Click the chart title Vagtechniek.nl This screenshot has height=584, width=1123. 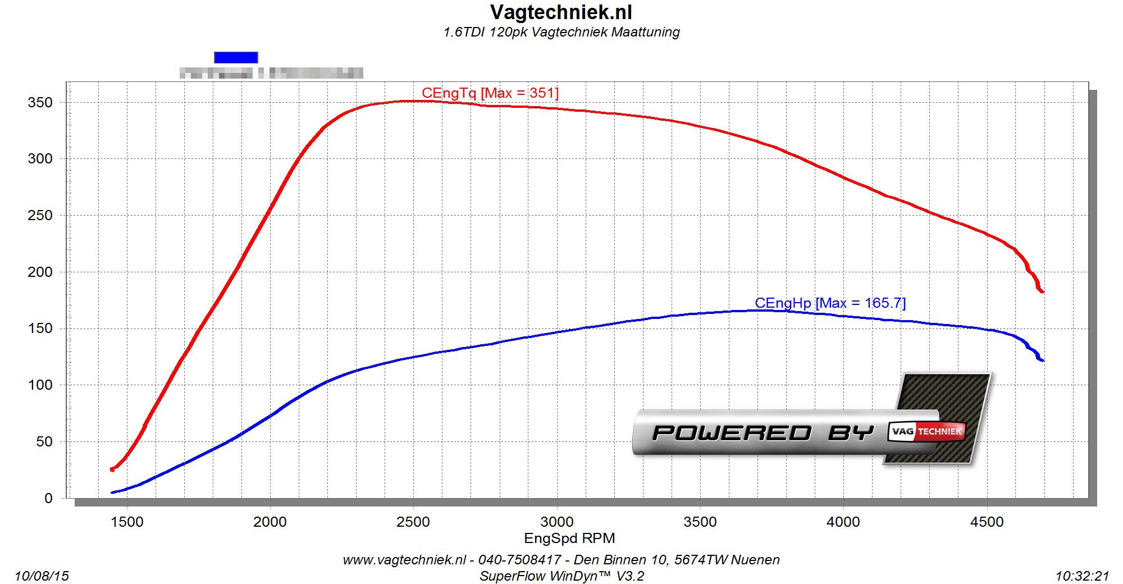[x=561, y=12]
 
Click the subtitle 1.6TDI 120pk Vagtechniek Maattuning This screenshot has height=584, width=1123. [x=561, y=32]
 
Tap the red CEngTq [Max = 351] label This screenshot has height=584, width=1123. [x=490, y=93]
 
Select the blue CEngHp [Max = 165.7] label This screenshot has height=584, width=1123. [x=830, y=303]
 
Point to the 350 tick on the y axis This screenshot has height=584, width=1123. [x=40, y=102]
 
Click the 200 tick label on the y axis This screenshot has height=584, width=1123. [x=40, y=272]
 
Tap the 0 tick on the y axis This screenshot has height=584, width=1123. [x=48, y=498]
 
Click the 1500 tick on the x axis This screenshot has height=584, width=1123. [x=127, y=522]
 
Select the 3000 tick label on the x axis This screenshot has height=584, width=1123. [x=557, y=522]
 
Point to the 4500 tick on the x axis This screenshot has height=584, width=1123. [x=987, y=522]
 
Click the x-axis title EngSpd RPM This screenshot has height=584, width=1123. [x=569, y=539]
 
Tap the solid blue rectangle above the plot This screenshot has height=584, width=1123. [x=236, y=57]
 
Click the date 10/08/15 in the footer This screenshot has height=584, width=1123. [x=42, y=576]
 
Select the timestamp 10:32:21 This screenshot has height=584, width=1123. [x=1082, y=576]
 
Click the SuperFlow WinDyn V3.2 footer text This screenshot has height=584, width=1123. [x=561, y=576]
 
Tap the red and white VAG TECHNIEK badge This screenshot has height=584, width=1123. [x=926, y=431]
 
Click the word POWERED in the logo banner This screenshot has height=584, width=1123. [x=732, y=433]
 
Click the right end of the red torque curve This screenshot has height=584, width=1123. [x=1042, y=291]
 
